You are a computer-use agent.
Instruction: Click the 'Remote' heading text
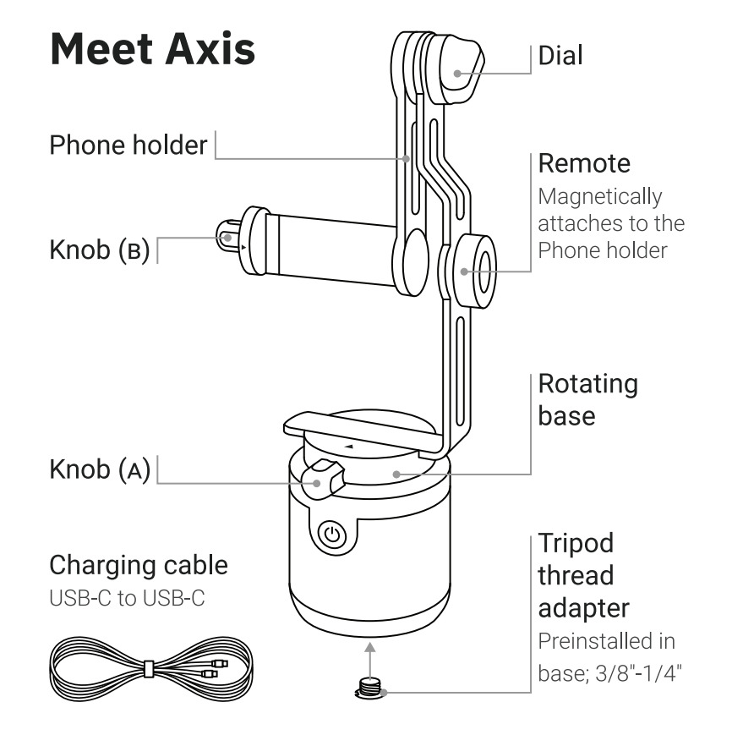584,162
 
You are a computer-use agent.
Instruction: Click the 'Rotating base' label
587,399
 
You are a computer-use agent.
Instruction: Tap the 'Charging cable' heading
139,564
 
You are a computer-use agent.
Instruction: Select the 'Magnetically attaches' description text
611,224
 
